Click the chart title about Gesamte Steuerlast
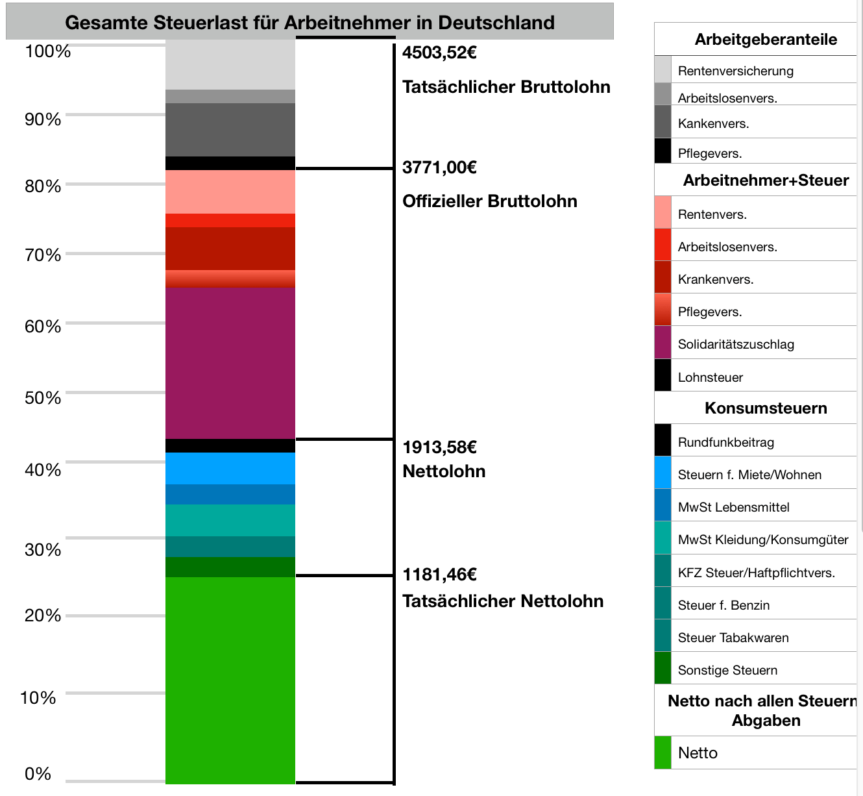pyautogui.click(x=310, y=23)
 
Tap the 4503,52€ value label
pyautogui.click(x=439, y=53)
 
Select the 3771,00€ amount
pyautogui.click(x=439, y=168)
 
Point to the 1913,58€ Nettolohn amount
pyautogui.click(x=439, y=447)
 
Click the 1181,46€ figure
pyautogui.click(x=439, y=575)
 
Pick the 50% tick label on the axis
pyautogui.click(x=43, y=397)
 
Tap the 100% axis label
pyautogui.click(x=47, y=51)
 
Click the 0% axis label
pyautogui.click(x=38, y=773)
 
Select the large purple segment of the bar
pyautogui.click(x=230, y=364)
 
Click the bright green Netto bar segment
pyautogui.click(x=230, y=678)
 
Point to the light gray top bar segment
pyautogui.click(x=230, y=64)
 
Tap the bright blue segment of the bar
pyautogui.click(x=230, y=468)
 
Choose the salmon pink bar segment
pyautogui.click(x=230, y=192)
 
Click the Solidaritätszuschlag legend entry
pyautogui.click(x=735, y=344)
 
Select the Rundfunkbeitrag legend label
pyautogui.click(x=725, y=442)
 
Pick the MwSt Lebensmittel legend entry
pyautogui.click(x=733, y=507)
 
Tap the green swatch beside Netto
pyautogui.click(x=662, y=752)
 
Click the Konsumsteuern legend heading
pyautogui.click(x=766, y=408)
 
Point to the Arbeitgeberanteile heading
pyautogui.click(x=766, y=40)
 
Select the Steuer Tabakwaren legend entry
pyautogui.click(x=733, y=638)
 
